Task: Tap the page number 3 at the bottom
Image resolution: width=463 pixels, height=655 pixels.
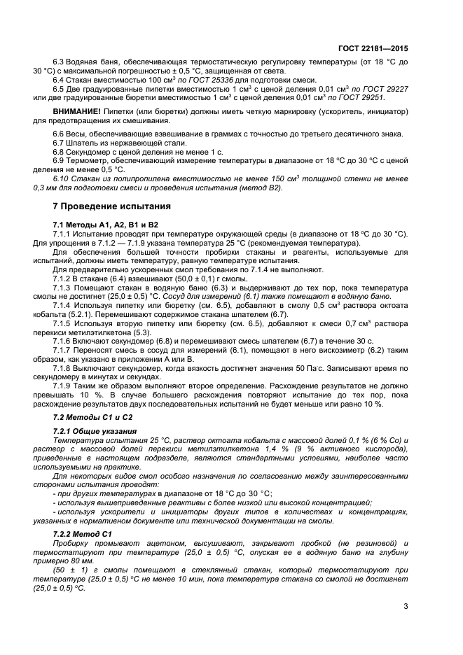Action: coord(406,606)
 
